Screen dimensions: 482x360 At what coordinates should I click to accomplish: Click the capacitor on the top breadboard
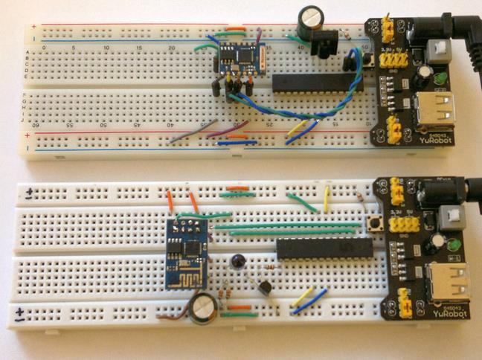[x=308, y=19]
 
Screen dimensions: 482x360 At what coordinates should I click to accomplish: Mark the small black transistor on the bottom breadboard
[x=264, y=291]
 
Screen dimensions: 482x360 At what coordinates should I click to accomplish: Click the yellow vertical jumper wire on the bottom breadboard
[x=327, y=199]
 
